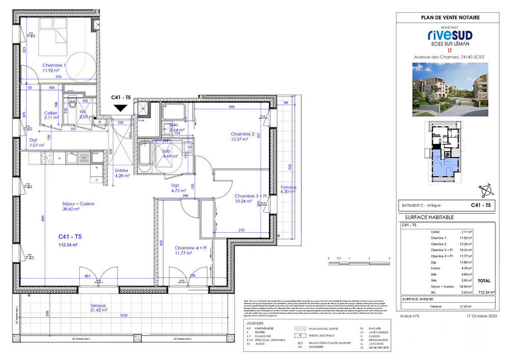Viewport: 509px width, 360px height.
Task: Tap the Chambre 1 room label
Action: point(54,66)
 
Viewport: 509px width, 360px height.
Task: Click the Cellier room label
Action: point(49,113)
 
